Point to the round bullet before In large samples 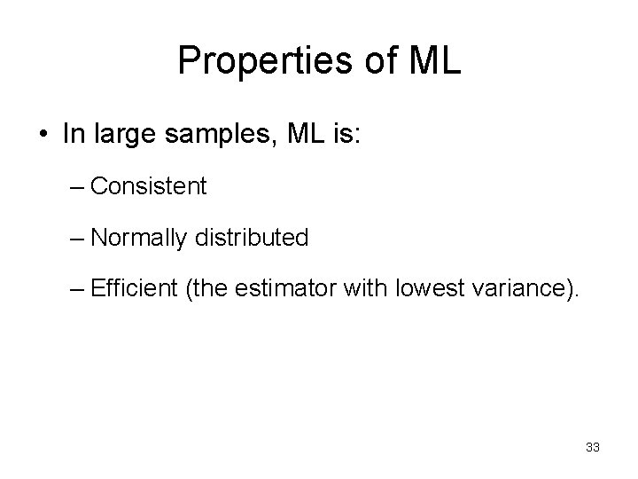[43, 134]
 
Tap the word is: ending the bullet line [328, 133]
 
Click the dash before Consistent [77, 186]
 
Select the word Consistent [148, 186]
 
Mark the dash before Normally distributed [77, 238]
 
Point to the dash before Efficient [77, 289]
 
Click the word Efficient [132, 289]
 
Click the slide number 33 [593, 448]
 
